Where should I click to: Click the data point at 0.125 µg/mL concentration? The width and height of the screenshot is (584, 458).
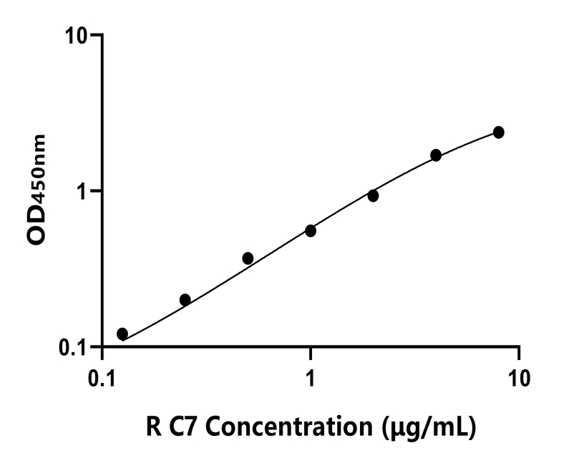(122, 334)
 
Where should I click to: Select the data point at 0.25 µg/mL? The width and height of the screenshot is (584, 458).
(185, 300)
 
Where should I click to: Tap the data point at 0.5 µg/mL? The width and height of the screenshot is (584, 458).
(248, 258)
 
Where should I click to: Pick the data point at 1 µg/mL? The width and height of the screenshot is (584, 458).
(311, 230)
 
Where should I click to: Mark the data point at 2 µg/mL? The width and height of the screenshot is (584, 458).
(373, 195)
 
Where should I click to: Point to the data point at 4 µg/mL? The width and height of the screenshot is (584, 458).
(436, 155)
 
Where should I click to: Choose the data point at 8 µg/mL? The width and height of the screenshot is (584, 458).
(499, 132)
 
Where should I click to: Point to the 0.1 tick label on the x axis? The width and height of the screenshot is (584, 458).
(103, 376)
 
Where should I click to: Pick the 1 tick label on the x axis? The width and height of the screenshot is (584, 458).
(311, 376)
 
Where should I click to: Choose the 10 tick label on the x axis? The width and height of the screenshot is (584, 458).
(519, 376)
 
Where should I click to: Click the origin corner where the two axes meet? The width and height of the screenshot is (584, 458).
(103, 348)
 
